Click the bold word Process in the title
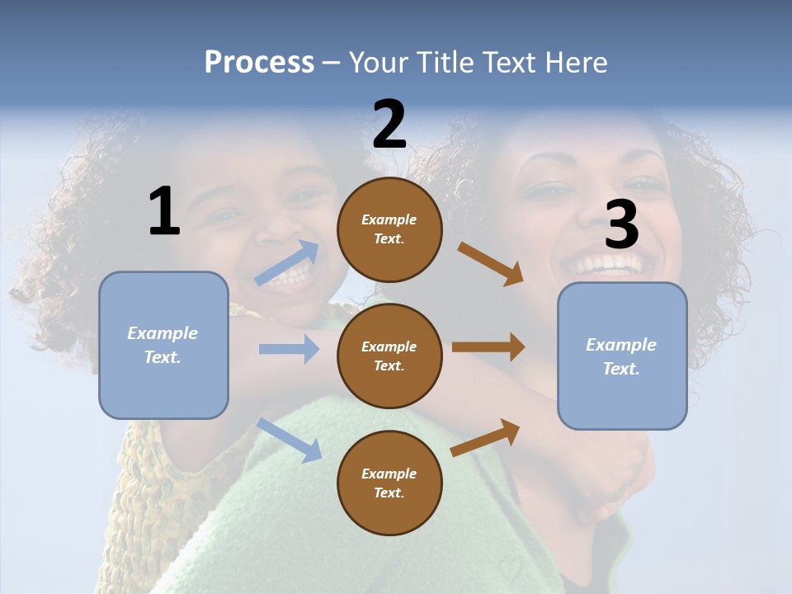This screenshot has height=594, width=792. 259,63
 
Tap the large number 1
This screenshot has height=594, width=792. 163,212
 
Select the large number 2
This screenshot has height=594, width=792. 389,125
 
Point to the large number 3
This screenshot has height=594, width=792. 621,225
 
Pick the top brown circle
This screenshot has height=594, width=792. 389,229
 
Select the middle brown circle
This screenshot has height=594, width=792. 389,356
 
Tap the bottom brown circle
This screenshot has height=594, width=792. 389,483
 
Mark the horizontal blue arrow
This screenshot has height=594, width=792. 288,349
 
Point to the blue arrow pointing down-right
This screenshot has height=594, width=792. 289,439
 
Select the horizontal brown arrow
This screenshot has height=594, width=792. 488,347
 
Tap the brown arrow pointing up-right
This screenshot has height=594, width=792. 486,437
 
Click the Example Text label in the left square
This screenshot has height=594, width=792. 163,345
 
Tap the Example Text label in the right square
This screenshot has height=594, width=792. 621,356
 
